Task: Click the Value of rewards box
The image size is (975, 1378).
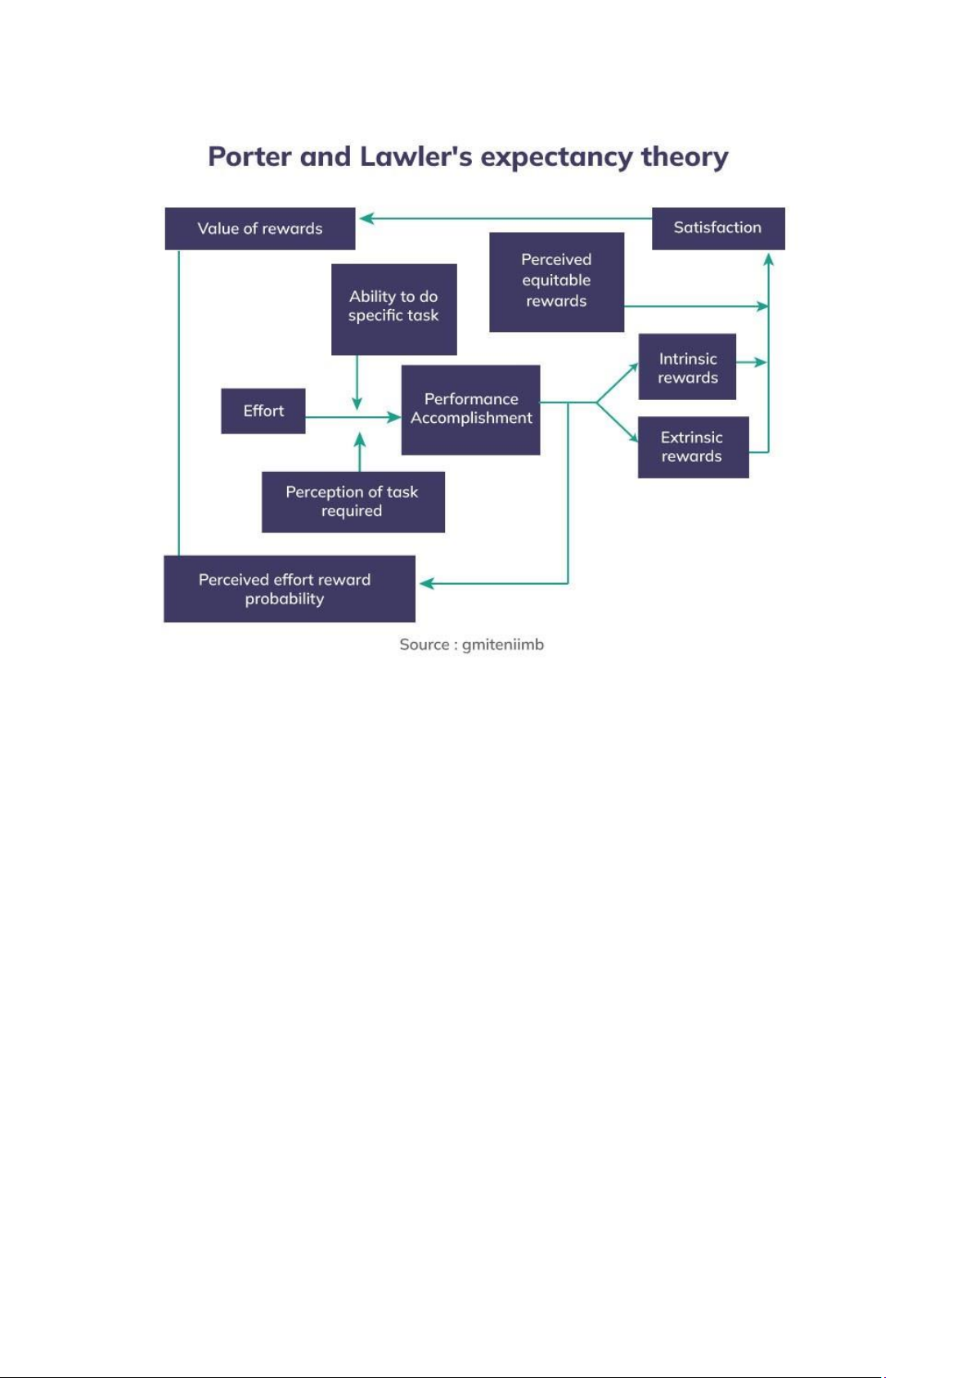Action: (259, 228)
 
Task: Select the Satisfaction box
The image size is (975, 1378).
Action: (718, 228)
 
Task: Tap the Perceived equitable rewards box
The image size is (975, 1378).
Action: (556, 282)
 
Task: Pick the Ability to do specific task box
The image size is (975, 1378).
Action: (393, 309)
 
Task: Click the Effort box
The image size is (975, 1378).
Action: (263, 411)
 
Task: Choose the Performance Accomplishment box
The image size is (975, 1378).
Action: (470, 410)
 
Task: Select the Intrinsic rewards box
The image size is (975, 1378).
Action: (687, 366)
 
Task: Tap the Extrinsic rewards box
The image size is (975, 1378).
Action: (694, 447)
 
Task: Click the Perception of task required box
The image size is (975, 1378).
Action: (353, 502)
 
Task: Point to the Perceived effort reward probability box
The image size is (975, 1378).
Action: (289, 589)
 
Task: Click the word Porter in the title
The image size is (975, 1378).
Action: (249, 156)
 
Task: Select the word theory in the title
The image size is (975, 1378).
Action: (685, 158)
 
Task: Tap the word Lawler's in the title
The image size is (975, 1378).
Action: (416, 156)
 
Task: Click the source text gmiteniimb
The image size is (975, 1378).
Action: (502, 644)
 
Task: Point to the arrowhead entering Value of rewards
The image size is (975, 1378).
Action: (366, 218)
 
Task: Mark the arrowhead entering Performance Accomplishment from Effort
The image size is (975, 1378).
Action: (393, 417)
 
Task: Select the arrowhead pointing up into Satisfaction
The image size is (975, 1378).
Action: (768, 258)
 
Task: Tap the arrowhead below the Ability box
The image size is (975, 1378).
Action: (357, 403)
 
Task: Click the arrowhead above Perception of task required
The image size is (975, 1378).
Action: (360, 439)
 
